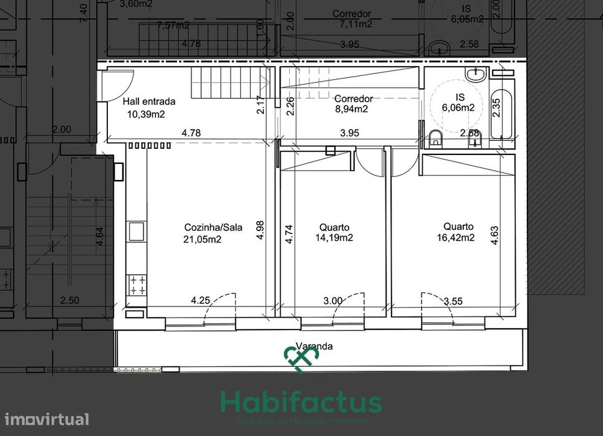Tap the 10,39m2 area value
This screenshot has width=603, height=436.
point(145,113)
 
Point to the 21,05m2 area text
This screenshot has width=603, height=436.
point(203,239)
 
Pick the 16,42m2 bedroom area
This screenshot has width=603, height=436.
point(458,237)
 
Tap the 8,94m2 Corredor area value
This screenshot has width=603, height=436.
point(350,109)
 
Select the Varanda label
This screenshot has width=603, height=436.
point(314,346)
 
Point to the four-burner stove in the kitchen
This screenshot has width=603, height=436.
point(137,285)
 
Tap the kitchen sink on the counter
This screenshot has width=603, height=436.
point(137,232)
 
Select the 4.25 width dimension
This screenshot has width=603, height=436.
point(200,300)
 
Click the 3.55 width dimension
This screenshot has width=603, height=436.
point(453,301)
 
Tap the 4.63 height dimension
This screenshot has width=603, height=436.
point(494,232)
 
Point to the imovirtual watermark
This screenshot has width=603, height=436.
point(45,419)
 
